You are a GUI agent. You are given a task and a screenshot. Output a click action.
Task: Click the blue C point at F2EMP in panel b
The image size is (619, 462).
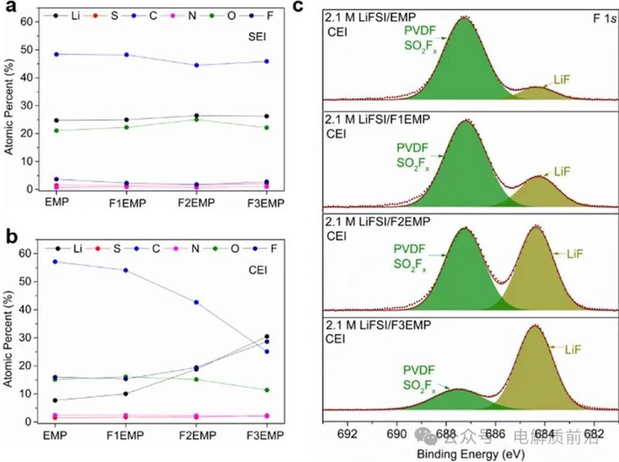[x=195, y=302]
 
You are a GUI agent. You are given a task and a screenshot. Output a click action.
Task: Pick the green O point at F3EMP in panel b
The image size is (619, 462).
[x=267, y=389]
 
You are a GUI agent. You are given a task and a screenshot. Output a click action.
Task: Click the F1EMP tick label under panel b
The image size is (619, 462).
[x=124, y=433]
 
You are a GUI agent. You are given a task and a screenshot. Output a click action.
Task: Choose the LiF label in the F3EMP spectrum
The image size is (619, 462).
[x=573, y=350]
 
